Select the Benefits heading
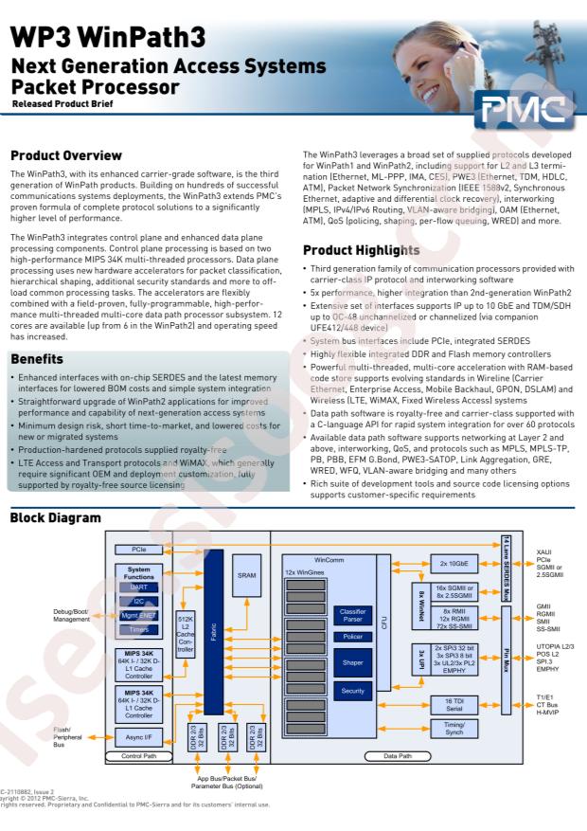click(x=37, y=359)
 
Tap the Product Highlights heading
click(x=361, y=250)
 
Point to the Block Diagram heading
click(x=55, y=518)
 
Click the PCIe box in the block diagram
click(x=138, y=550)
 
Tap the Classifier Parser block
click(x=352, y=616)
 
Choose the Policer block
click(x=352, y=637)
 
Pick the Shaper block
click(x=352, y=663)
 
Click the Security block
click(x=352, y=691)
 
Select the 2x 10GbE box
click(x=454, y=564)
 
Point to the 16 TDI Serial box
click(x=454, y=705)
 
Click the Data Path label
click(x=397, y=756)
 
